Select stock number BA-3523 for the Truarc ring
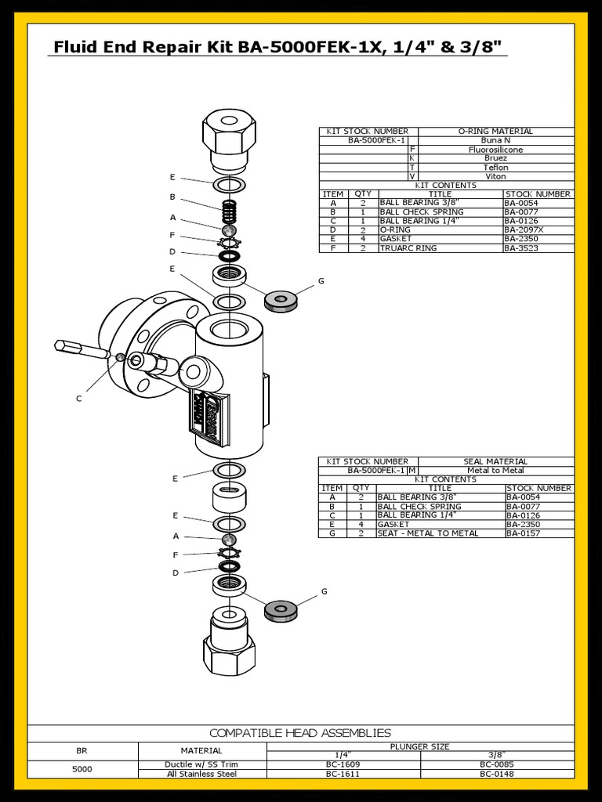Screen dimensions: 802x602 tap(521, 248)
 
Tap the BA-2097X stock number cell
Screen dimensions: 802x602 tap(523, 230)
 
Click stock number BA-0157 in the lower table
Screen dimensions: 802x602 tap(522, 533)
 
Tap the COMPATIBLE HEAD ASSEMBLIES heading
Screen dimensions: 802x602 tap(300, 733)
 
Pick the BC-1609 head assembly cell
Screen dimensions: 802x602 tap(343, 764)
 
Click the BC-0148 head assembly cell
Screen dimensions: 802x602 tap(497, 774)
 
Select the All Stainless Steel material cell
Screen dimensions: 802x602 tap(202, 774)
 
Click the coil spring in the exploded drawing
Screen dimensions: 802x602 tap(228, 210)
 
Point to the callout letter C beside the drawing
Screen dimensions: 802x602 tap(78, 399)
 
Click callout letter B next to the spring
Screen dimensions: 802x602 tap(172, 197)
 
